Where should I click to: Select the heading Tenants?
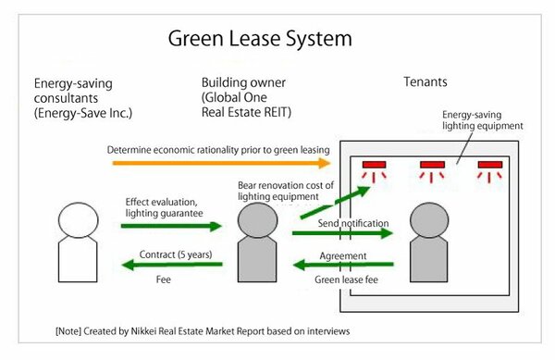(x=425, y=82)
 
